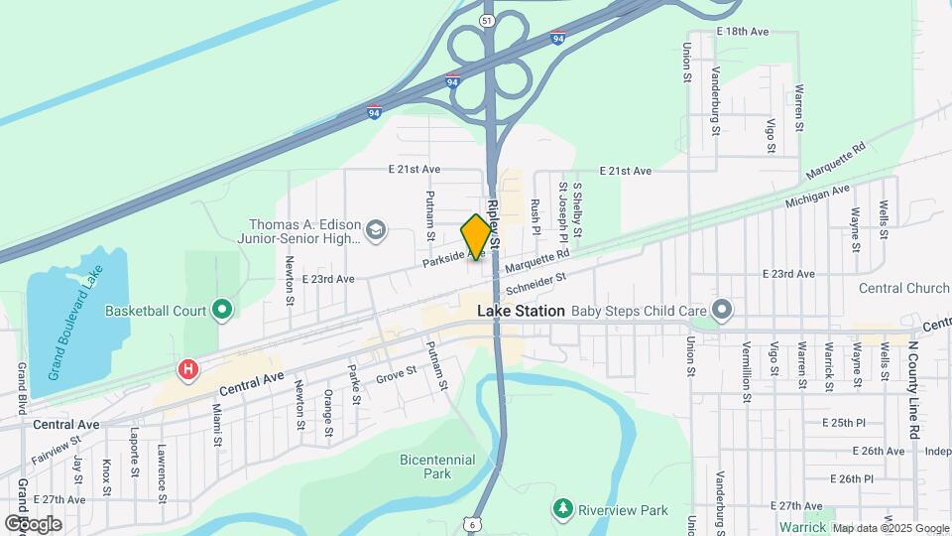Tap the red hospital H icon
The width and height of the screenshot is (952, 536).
point(187,370)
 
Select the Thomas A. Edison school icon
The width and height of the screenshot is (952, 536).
point(376,231)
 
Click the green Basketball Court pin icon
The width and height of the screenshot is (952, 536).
point(222,311)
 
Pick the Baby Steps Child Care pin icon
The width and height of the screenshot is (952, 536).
point(723,311)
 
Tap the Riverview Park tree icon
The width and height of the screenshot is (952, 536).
point(563,509)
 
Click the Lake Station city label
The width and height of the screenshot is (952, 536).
point(521,311)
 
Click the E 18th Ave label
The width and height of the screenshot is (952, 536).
point(742,32)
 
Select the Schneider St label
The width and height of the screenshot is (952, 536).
point(535,286)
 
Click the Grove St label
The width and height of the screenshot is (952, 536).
point(397,375)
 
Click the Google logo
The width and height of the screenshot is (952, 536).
point(33,523)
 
